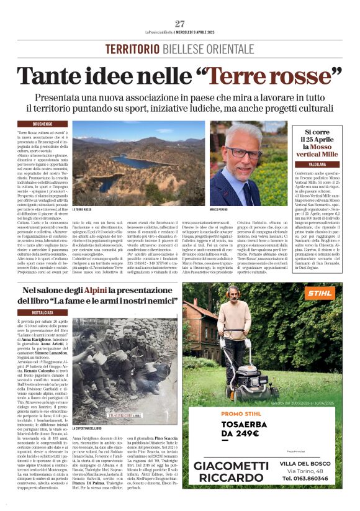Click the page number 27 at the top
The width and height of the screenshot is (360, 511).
pyautogui.click(x=180, y=24)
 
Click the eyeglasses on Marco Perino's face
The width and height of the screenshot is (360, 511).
pyautogui.click(x=243, y=152)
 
